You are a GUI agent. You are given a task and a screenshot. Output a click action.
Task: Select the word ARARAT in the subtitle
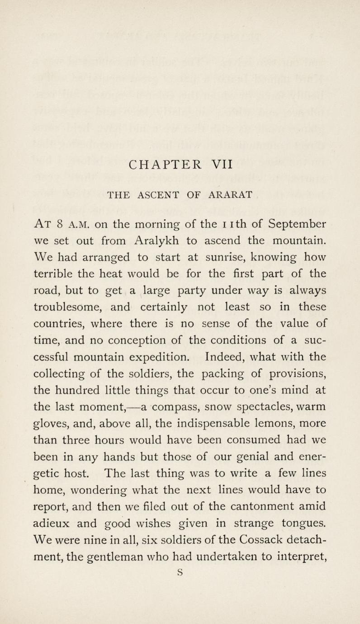[230, 195]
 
